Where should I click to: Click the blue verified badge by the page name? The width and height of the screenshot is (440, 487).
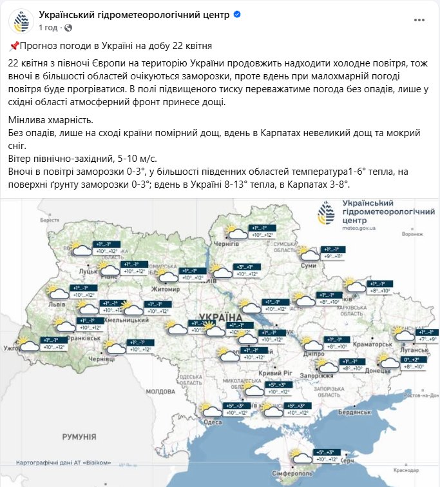coord(237,14)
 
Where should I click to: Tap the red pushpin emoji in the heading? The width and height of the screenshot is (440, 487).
coord(14,46)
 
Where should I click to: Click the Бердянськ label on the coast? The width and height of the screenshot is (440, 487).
coord(353,411)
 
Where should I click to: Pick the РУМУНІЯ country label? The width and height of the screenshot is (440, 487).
coord(79,437)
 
